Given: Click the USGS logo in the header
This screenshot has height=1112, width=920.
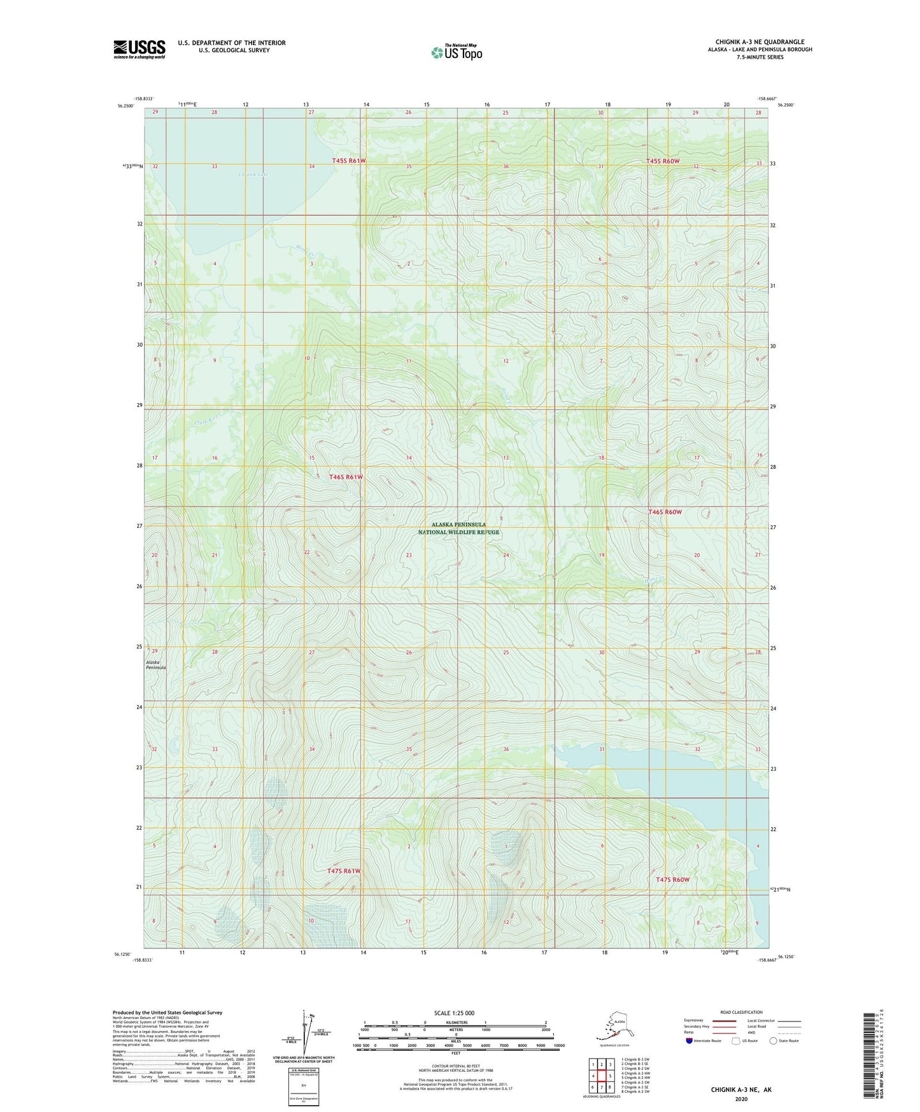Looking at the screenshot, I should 139,49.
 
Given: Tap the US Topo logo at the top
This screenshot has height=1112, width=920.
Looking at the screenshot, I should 456,52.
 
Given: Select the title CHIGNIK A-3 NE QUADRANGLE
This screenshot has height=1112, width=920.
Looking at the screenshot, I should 760,42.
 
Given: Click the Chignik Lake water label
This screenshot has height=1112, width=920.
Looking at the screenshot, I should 253,174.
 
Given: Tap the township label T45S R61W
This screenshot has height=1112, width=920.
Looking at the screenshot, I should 349,161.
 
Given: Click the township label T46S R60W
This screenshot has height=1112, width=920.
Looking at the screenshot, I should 665,512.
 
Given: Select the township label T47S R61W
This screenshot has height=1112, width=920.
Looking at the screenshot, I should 344,871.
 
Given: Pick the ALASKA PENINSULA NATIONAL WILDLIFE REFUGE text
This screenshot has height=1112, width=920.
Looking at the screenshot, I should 458,529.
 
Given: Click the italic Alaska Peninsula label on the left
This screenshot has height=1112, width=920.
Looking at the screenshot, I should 156,665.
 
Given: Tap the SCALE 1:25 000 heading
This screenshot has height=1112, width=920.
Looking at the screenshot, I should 454,1013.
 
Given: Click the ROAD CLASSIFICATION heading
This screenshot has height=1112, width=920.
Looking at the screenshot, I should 741,1012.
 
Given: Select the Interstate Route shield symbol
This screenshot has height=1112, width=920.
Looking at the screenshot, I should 690,1041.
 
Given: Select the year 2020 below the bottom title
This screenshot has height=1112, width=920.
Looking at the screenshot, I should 740,1099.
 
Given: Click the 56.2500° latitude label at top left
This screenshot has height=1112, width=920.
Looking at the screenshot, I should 125,106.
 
